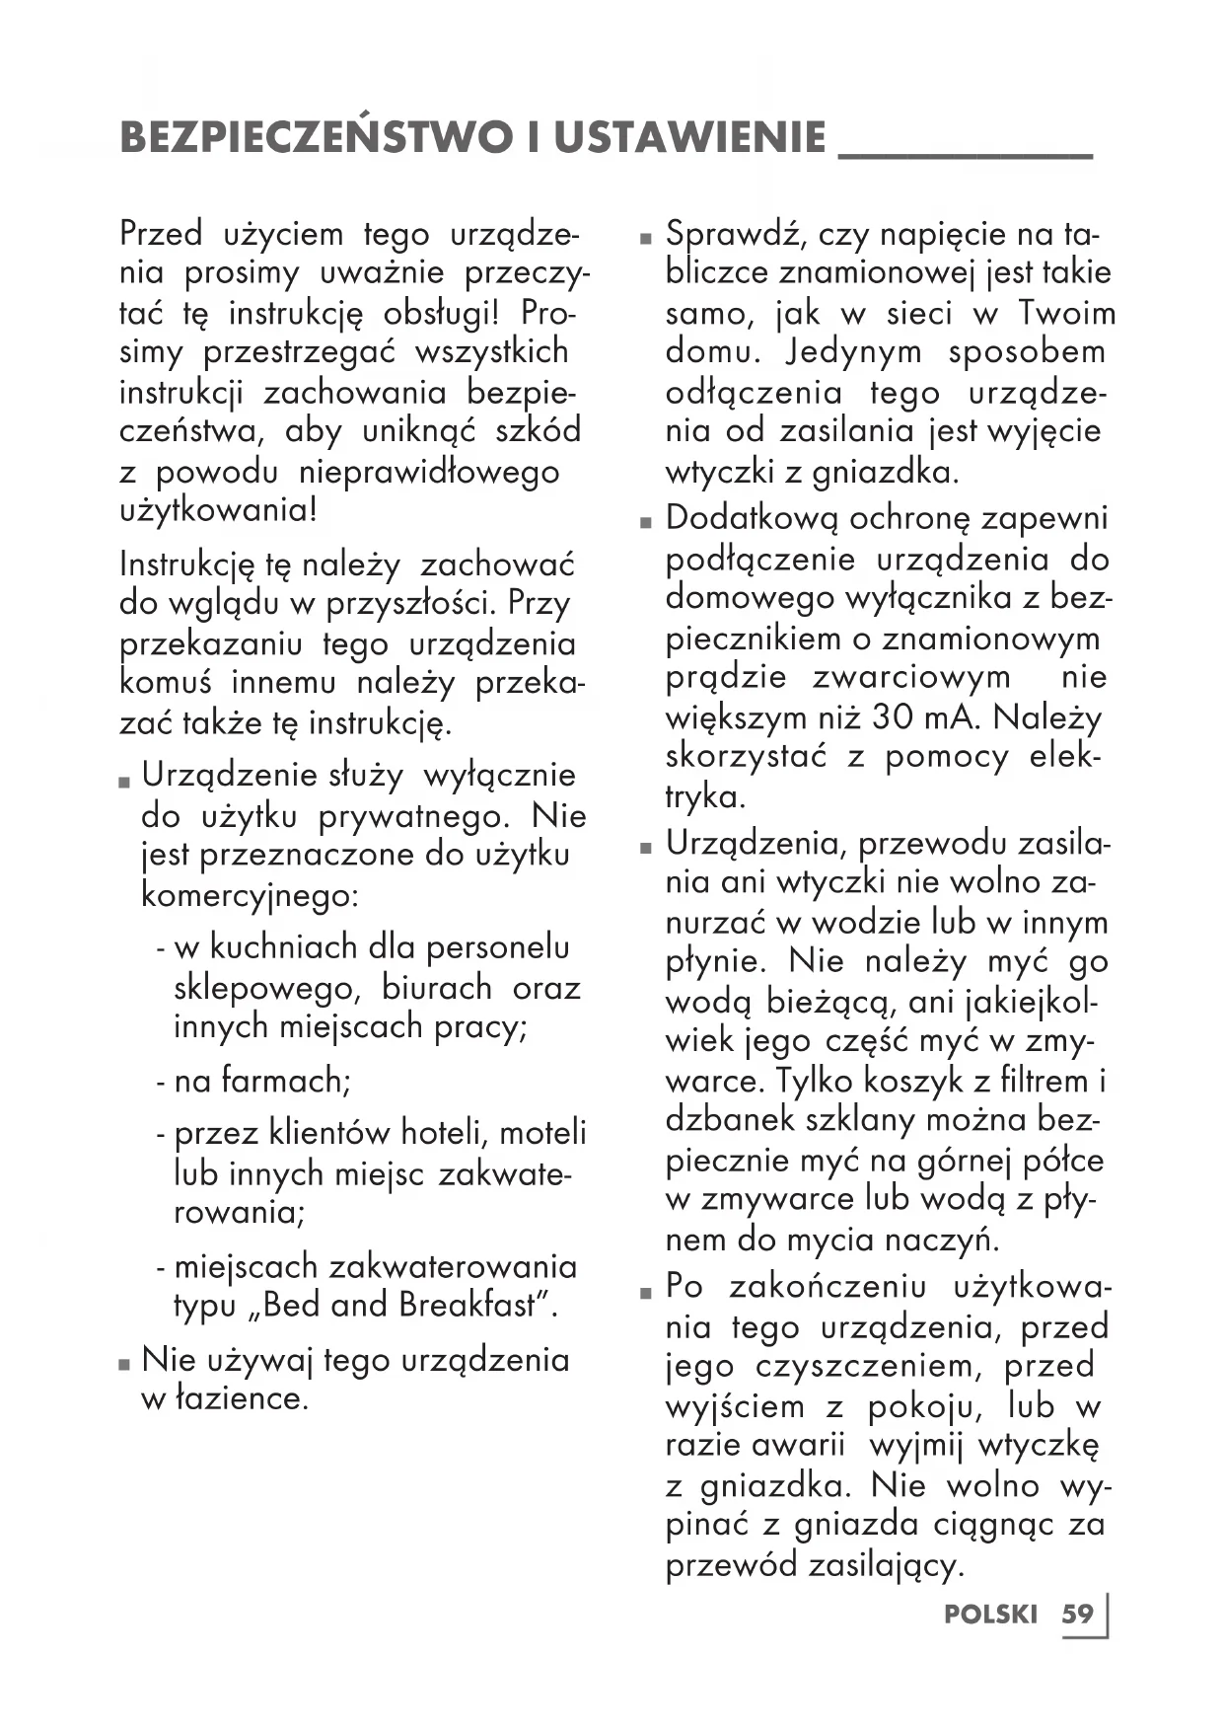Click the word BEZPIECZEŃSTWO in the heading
315,137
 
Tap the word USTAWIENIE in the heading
689,137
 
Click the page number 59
1077,1614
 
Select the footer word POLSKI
990,1615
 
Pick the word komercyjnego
250,896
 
